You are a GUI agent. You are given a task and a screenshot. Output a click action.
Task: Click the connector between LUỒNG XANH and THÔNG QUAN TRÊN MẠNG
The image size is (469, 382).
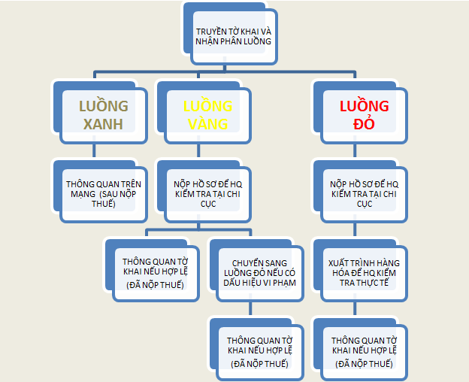pyautogui.click(x=94, y=150)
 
